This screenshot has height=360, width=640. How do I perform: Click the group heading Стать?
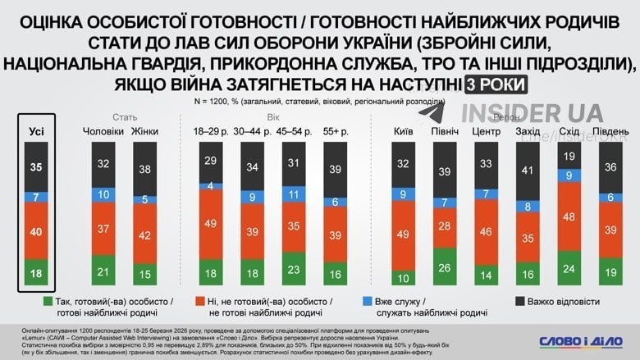point(125,117)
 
